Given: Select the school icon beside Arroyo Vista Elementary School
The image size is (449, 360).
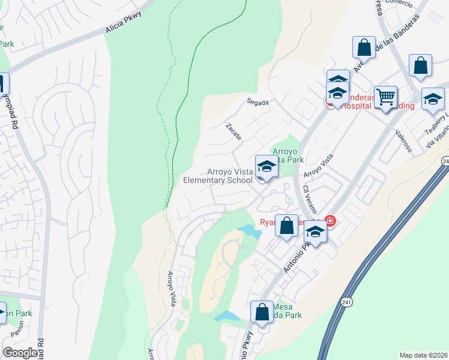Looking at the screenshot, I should [x=266, y=168].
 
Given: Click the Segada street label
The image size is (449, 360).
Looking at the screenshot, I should [x=258, y=102].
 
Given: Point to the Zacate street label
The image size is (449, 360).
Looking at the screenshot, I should [x=234, y=132].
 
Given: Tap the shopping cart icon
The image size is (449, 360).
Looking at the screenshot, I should [x=385, y=97].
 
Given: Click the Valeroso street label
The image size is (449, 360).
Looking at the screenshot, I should [x=403, y=142].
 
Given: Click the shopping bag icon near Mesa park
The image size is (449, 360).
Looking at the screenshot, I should [x=262, y=313].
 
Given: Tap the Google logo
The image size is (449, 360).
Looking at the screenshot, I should [x=20, y=353].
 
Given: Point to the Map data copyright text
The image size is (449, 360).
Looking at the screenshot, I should [x=424, y=355].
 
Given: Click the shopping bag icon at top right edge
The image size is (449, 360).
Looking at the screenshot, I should [x=420, y=66].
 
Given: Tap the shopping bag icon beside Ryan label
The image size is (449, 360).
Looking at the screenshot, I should [x=287, y=226].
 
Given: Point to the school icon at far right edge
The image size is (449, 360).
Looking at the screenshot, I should [x=432, y=100].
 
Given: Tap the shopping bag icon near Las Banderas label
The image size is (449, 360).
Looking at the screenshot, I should [x=364, y=47].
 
